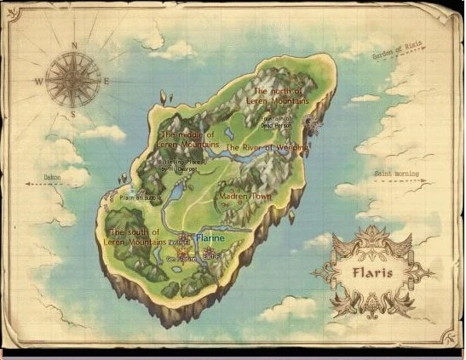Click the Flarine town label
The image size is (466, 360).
[210, 238]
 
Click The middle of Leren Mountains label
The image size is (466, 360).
[188, 140]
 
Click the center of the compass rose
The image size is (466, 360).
[74, 79]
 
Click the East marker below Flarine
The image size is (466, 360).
[212, 254]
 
